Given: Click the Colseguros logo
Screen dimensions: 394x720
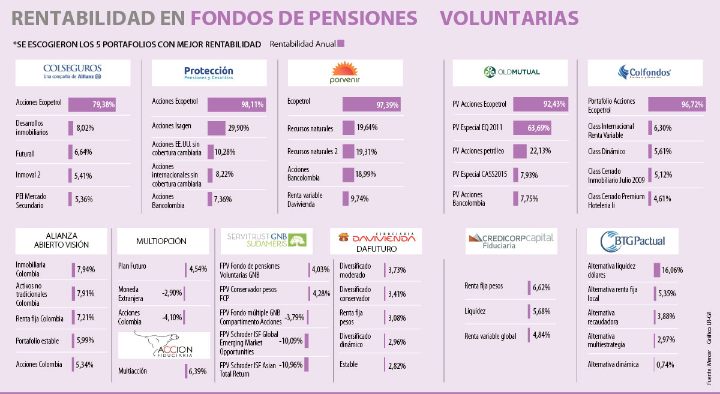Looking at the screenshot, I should [x=73, y=72].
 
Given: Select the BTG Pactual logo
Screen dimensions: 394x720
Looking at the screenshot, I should [x=632, y=241].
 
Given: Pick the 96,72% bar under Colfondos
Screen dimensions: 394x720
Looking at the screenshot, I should [x=680, y=105].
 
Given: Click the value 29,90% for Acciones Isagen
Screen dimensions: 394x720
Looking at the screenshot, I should [x=239, y=128].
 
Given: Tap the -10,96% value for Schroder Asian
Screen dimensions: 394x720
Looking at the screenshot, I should [x=291, y=364].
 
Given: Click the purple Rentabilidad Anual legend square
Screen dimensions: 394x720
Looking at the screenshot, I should [x=341, y=44].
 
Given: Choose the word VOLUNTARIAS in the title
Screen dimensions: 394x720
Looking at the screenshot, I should [x=509, y=18].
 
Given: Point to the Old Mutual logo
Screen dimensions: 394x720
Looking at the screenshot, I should [x=512, y=72].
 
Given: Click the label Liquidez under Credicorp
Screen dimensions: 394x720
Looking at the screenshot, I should [x=475, y=311].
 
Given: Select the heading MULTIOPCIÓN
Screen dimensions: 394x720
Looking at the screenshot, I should [x=161, y=241].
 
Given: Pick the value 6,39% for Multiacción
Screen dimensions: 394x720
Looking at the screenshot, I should [x=197, y=372].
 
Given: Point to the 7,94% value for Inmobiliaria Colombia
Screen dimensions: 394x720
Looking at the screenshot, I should [x=85, y=269].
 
